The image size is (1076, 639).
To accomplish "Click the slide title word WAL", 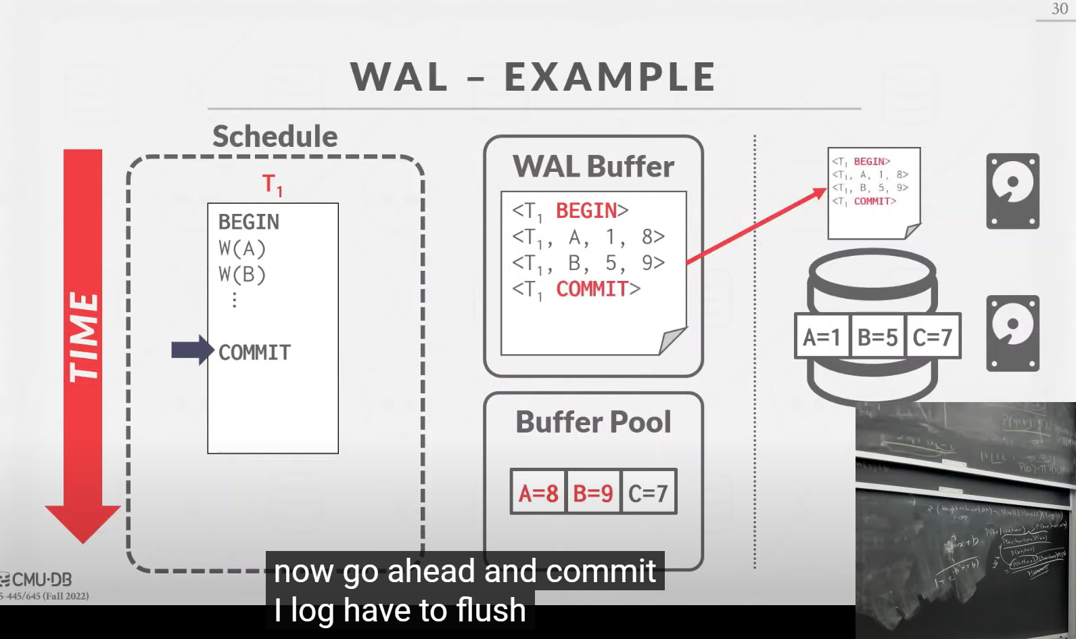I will click(399, 76).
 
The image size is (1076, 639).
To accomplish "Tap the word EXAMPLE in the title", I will click(610, 76).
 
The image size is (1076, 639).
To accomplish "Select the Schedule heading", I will click(275, 136).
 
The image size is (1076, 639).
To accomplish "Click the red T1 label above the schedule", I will click(272, 184).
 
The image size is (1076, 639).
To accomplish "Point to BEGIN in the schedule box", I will click(248, 222).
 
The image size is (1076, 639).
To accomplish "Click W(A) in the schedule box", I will click(241, 248).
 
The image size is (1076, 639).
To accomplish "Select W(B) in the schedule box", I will click(241, 274).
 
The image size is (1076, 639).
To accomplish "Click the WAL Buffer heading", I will click(593, 167).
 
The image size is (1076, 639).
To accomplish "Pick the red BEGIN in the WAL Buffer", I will click(586, 211).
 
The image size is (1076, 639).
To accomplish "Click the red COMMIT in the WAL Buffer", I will click(592, 289).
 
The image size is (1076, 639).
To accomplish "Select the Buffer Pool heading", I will click(593, 422).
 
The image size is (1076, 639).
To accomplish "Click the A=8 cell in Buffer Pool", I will click(538, 493).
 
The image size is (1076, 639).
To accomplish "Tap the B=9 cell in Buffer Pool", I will click(593, 493).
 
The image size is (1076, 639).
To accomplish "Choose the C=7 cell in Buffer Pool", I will click(648, 493).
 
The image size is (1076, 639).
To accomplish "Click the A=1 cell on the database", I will click(822, 336).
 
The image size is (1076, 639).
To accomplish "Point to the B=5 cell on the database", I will click(877, 336).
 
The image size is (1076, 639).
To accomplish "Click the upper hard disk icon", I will click(1012, 191).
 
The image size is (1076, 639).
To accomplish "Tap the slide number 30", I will click(1059, 9).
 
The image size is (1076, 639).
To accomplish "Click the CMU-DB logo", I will click(37, 579).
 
